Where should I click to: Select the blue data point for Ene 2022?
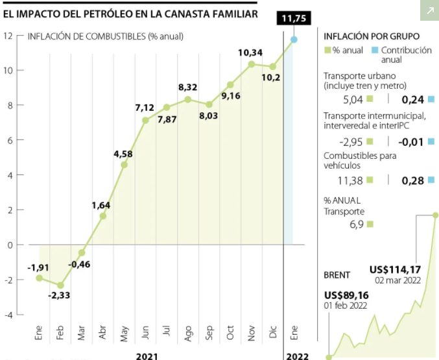click(294, 40)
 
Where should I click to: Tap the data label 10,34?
click(250, 52)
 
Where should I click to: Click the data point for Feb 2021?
click(60, 285)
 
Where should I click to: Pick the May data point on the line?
click(124, 165)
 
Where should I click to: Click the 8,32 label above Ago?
click(187, 87)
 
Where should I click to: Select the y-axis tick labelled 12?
click(8, 36)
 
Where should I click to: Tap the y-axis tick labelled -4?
click(8, 315)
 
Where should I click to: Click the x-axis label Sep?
click(209, 333)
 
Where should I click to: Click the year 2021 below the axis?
click(147, 355)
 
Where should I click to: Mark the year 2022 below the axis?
click(297, 355)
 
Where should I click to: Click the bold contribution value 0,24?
click(412, 99)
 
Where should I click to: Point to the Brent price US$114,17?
click(396, 269)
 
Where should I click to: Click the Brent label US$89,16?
click(347, 295)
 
